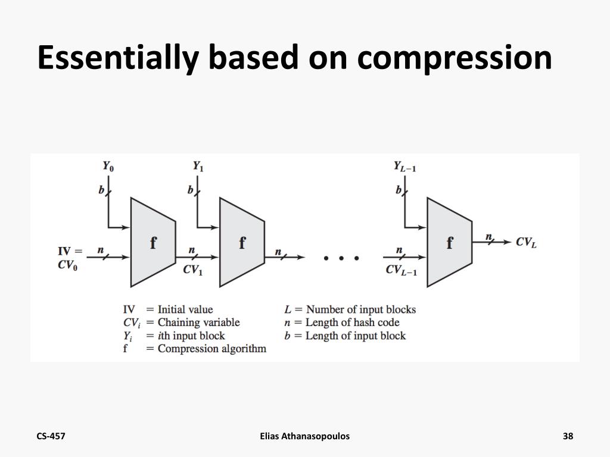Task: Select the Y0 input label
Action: pos(108,166)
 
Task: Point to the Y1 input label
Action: pos(198,166)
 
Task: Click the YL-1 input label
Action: pos(404,167)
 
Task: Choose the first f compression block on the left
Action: pos(153,243)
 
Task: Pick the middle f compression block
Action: pos(242,243)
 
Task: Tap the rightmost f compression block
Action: pos(450,243)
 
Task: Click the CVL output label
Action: pos(526,242)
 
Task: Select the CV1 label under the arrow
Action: pos(193,270)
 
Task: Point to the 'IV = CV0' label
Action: pos(70,258)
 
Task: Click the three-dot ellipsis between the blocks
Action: pos(341,258)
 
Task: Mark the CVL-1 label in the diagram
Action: pos(402,270)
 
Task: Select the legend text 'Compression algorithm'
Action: pos(211,349)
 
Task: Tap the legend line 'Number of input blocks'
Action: pos(360,309)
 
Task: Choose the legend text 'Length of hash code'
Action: pos(352,323)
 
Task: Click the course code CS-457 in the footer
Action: pos(51,436)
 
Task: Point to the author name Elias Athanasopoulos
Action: pos(305,436)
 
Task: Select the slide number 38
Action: pos(568,436)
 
